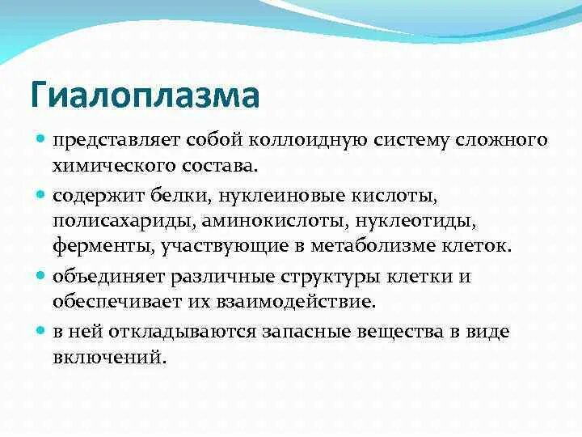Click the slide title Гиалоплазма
[145, 94]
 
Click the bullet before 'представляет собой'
[41, 139]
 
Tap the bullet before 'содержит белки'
[41, 195]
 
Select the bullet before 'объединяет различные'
[41, 275]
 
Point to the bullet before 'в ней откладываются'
[41, 331]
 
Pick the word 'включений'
[108, 357]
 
